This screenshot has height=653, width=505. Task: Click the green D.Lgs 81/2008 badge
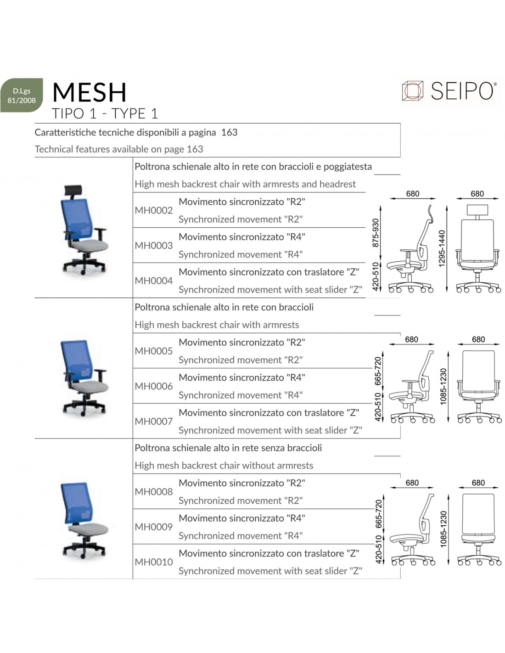pos(22,95)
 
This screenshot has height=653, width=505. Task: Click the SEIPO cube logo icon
pos(412,90)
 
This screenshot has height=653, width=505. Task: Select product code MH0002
pos(153,210)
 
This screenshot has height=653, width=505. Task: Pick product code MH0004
pos(153,281)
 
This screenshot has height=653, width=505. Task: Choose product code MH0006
pos(153,386)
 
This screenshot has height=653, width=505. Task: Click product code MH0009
pos(153,527)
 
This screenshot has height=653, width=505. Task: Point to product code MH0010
pos(153,562)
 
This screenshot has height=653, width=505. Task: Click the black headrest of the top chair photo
pos(73,190)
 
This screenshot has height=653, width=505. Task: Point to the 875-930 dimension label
pos(376,233)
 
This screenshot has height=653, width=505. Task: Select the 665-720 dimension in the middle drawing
pos(378,371)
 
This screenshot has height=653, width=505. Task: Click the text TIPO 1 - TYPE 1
pos(105,114)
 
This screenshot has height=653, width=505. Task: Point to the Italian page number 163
pos(229,133)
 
